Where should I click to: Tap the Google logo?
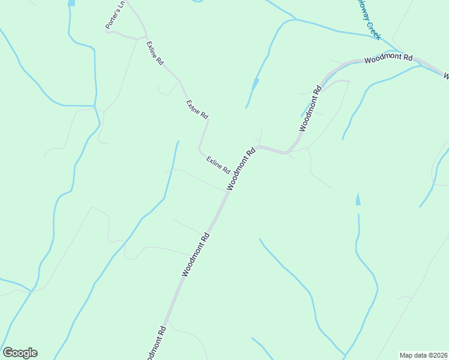tap(20, 353)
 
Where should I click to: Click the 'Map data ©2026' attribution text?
tap(423, 355)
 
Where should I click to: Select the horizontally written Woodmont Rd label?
tap(388, 59)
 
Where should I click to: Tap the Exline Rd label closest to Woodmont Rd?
tap(218, 165)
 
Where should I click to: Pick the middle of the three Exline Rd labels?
tap(197, 109)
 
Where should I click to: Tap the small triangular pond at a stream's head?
tap(358, 200)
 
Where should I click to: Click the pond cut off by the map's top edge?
tap(71, 2)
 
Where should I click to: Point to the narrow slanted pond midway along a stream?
tap(255, 85)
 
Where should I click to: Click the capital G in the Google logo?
tap(8, 352)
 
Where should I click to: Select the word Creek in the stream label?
tap(373, 31)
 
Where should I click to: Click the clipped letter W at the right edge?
tap(446, 76)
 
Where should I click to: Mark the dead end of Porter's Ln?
tap(106, 31)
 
